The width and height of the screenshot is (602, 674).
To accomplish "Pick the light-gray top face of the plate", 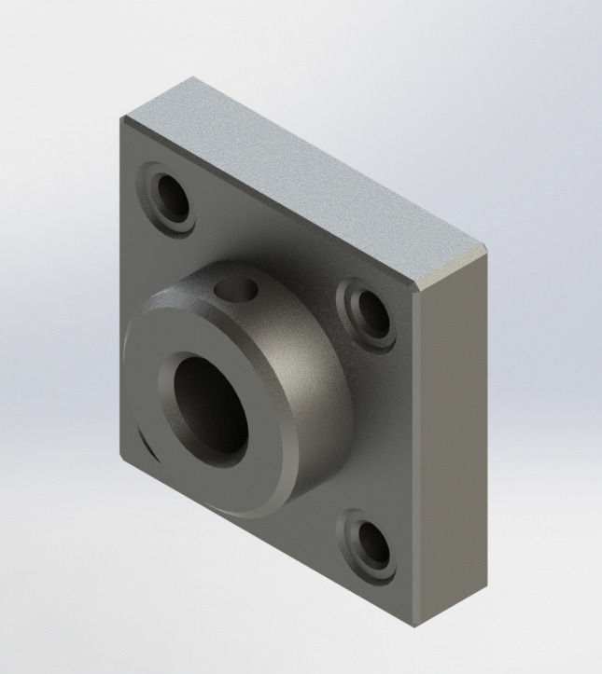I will click(x=308, y=177).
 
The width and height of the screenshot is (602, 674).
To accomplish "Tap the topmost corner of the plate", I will click(x=193, y=77).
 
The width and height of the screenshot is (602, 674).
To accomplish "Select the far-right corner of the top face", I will click(x=486, y=247).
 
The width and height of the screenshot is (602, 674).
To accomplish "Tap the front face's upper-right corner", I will click(x=416, y=288).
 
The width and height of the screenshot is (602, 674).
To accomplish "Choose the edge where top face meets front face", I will click(x=271, y=202).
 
